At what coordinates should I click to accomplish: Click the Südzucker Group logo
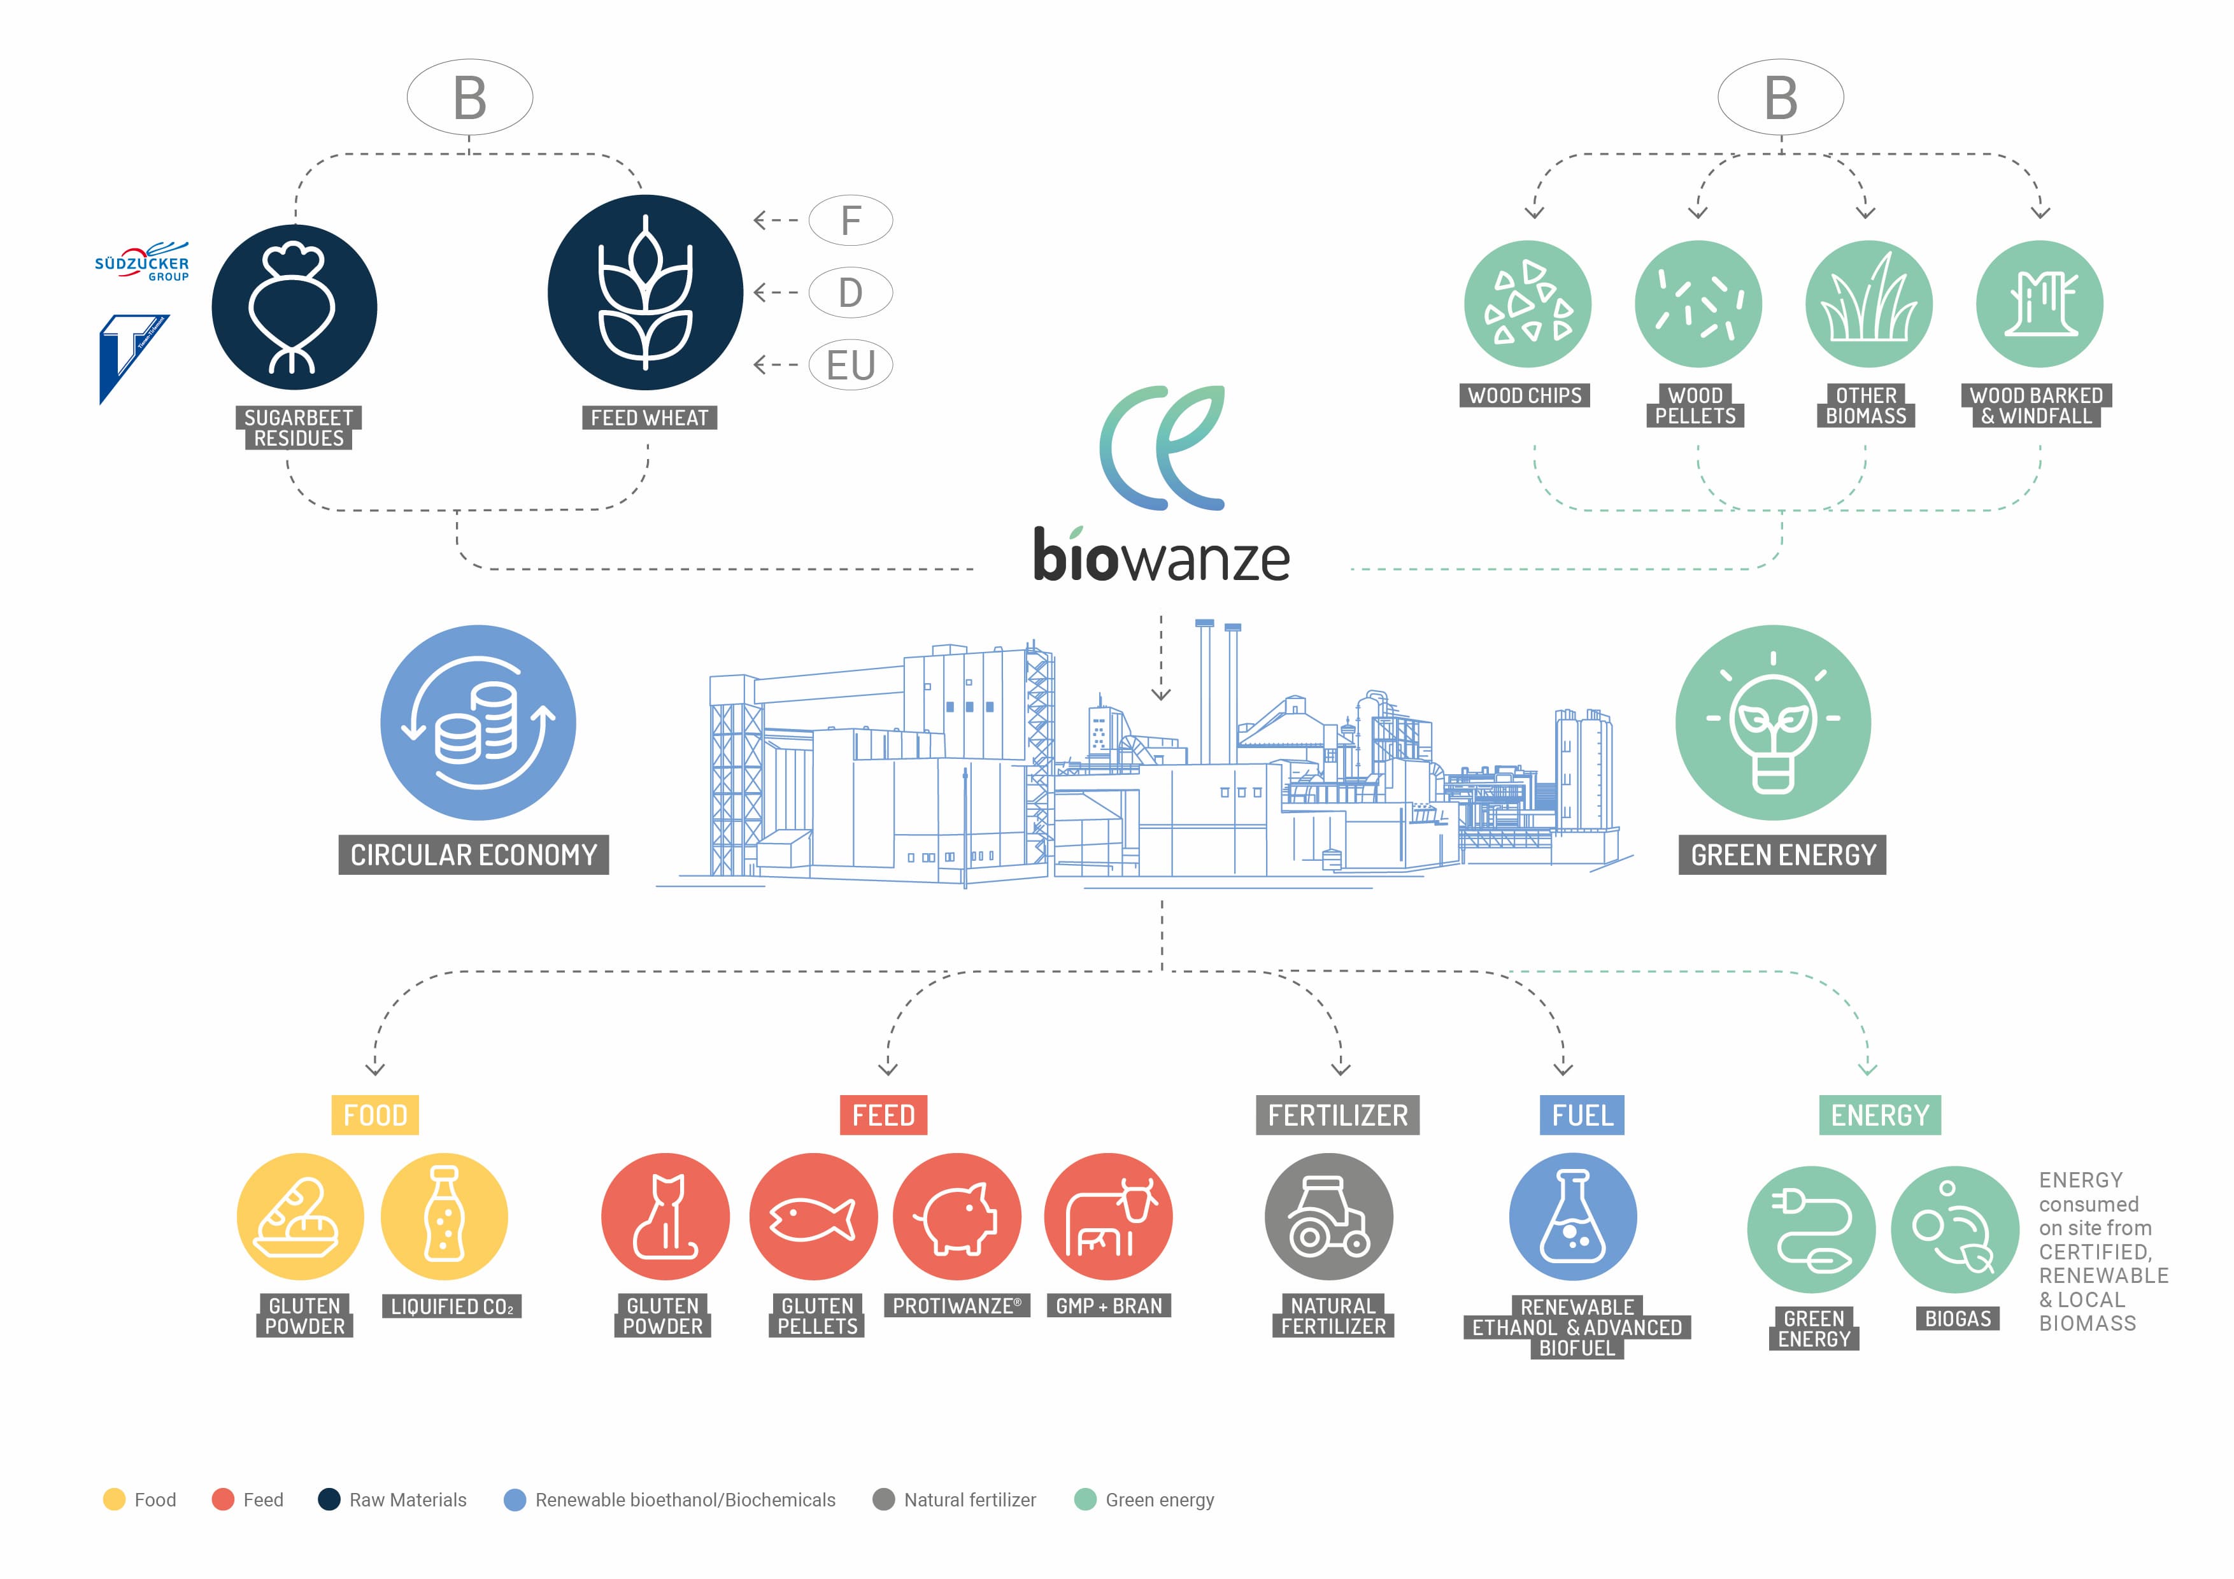tap(142, 261)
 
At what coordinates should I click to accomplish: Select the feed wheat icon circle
tap(645, 293)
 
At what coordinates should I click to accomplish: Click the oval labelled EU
tap(850, 365)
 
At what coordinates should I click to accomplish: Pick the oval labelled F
tap(850, 220)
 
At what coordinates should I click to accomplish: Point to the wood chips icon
tap(1528, 304)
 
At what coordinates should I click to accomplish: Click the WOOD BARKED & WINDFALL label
tap(2037, 406)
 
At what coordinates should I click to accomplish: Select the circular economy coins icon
tap(478, 723)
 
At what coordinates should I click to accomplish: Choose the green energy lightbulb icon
tap(1773, 723)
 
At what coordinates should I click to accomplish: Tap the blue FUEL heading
tap(1582, 1115)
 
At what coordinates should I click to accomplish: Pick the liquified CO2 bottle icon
tap(445, 1216)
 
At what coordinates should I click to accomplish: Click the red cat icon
tap(665, 1216)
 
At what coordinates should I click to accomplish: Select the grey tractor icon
tap(1329, 1216)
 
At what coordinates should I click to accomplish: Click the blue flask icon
tap(1574, 1216)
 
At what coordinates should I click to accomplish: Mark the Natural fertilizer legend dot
tap(883, 1499)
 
